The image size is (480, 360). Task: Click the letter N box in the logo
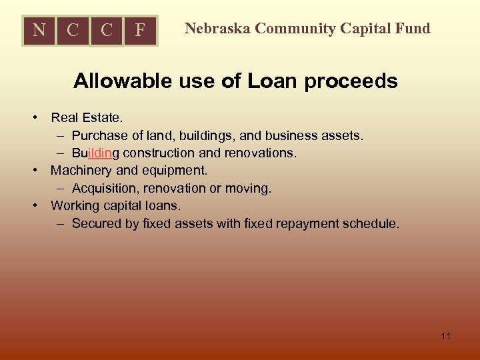pos(39,31)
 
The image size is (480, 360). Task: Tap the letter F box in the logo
pos(140,31)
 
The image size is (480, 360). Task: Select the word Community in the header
pos(294,28)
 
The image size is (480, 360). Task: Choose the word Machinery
pos(81,171)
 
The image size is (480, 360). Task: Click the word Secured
pos(97,224)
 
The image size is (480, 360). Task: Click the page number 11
pos(445,336)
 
